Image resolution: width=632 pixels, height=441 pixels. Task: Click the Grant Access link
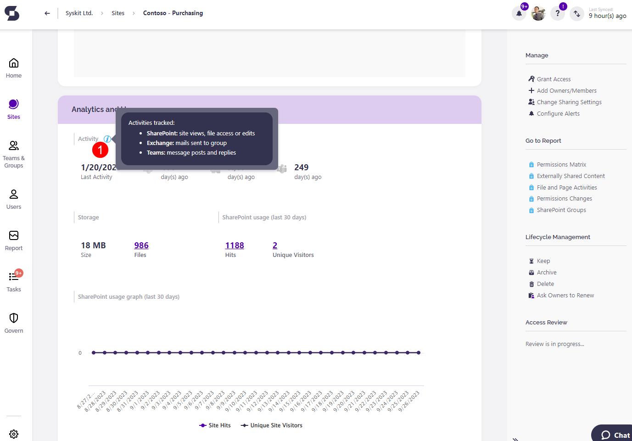click(554, 79)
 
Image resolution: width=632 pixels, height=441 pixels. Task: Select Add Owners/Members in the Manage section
click(566, 90)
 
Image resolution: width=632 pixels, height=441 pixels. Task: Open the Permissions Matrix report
click(561, 164)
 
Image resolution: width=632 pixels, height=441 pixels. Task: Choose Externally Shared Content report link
click(570, 176)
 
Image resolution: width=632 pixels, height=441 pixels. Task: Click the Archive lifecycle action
click(546, 272)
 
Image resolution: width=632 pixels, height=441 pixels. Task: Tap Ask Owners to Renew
click(565, 295)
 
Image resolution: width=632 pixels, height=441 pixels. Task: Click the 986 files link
click(141, 246)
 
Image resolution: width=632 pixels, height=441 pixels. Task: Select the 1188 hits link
click(235, 246)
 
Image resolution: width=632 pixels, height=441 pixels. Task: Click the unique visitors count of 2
click(275, 246)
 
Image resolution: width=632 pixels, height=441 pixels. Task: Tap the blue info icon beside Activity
click(107, 139)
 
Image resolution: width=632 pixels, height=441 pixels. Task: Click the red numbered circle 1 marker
click(100, 150)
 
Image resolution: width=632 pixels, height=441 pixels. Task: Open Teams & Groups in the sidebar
click(14, 154)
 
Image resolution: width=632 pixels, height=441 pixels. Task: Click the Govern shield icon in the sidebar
click(14, 318)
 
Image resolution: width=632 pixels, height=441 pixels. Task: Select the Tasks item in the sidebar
click(14, 281)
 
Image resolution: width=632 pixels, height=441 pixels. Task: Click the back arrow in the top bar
click(47, 13)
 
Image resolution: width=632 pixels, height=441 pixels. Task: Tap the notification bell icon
click(519, 13)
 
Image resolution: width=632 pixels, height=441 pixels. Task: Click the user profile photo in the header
click(538, 13)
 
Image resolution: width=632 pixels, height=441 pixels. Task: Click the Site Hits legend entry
click(215, 425)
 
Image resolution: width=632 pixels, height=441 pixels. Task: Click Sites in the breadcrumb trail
click(118, 13)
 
